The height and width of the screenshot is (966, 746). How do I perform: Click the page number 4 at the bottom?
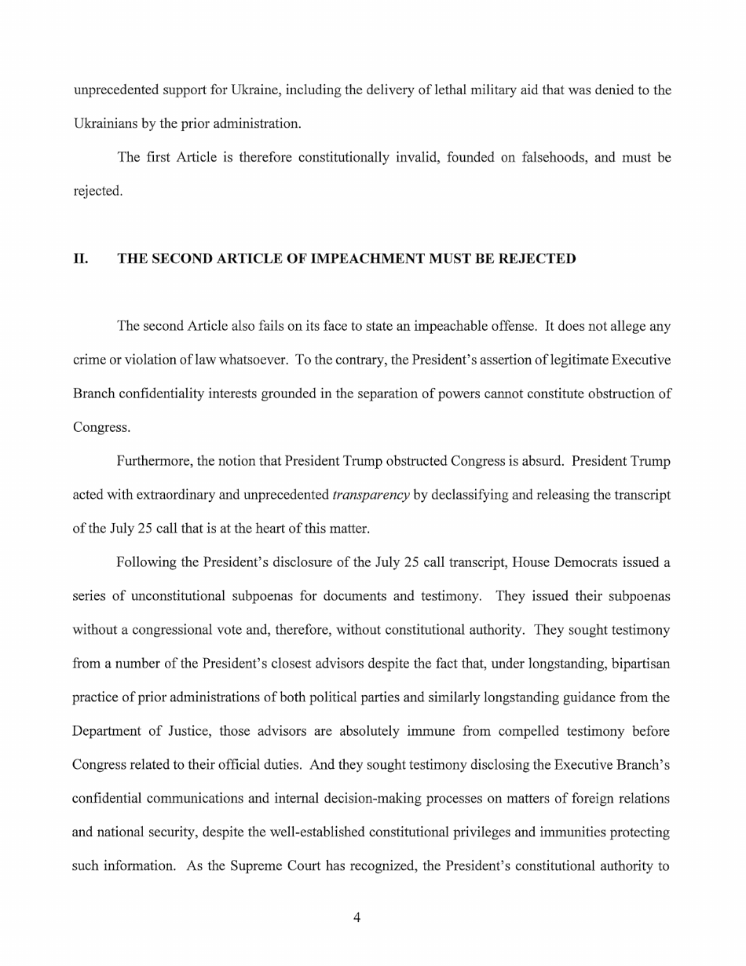(357, 917)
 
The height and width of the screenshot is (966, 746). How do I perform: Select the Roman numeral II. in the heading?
(81, 258)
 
